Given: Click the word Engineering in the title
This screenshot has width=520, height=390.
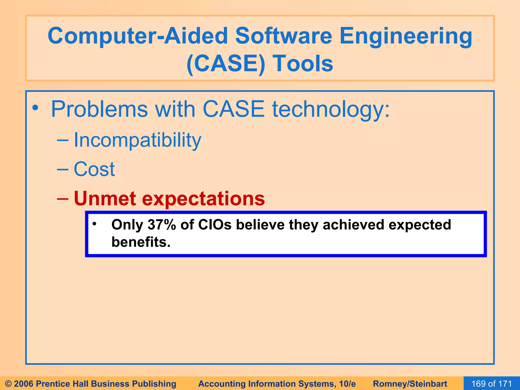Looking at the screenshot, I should tap(405, 36).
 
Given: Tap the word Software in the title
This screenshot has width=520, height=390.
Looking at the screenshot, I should tap(283, 36).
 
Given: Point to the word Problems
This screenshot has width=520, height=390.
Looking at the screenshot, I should tap(99, 109).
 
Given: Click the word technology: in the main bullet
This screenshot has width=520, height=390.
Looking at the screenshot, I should tap(331, 109).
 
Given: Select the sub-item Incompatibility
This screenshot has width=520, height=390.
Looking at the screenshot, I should tap(137, 140).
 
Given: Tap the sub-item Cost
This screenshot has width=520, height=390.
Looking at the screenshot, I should tap(94, 169).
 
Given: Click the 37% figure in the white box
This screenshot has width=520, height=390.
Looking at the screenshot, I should tap(162, 225).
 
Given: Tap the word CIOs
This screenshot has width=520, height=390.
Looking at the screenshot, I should tap(215, 225).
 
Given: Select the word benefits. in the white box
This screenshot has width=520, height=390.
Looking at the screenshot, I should tap(141, 242).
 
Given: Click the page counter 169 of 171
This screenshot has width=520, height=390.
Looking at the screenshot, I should tap(492, 383).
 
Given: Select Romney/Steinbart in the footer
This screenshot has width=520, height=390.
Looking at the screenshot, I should tap(410, 384).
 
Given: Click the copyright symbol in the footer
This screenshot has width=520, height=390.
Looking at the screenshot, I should tap(8, 384).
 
